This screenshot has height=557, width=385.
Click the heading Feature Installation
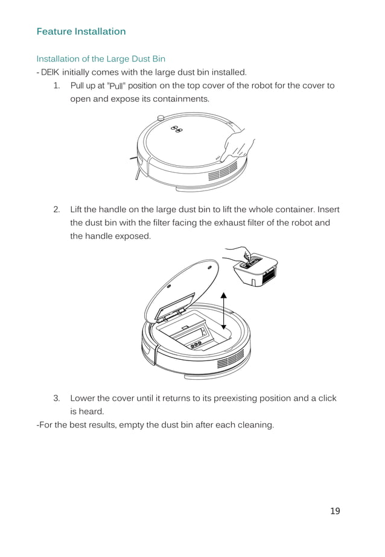click(x=81, y=31)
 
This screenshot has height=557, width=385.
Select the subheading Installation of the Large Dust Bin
click(x=101, y=59)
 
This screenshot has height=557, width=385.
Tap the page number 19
click(x=335, y=511)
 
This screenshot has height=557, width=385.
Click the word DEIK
click(x=50, y=72)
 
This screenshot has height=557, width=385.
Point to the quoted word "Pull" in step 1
click(x=123, y=86)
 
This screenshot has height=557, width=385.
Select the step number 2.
click(x=56, y=210)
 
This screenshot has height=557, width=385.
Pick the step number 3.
click(x=56, y=398)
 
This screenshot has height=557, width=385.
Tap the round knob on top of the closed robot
click(x=161, y=117)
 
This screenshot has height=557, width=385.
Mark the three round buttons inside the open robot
click(x=194, y=345)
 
